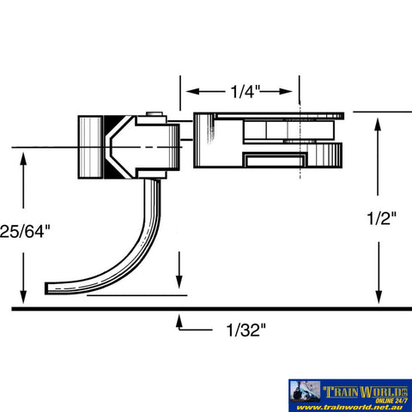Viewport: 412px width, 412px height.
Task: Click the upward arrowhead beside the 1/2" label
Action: click(x=379, y=124)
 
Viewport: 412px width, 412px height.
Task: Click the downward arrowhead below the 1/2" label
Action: click(x=379, y=297)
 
